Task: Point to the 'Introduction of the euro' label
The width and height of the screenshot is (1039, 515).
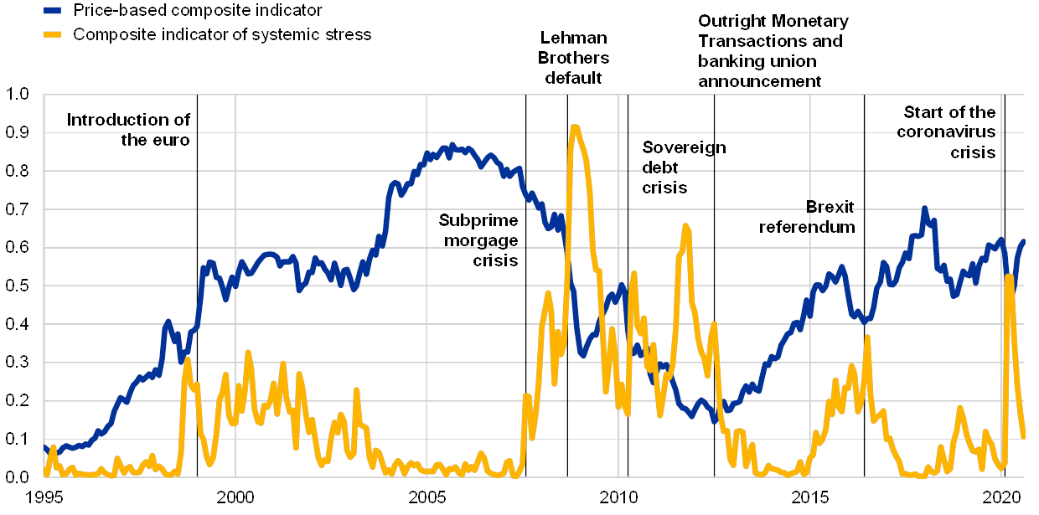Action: [x=134, y=130]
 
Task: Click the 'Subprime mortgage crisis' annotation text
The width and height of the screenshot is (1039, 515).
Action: [x=479, y=240]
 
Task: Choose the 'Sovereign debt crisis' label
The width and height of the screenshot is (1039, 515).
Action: [x=684, y=167]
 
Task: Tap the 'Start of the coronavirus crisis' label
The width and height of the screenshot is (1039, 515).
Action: [x=948, y=132]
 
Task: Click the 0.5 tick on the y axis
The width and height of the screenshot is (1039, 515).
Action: [x=17, y=286]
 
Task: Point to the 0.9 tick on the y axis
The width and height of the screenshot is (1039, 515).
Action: [x=17, y=132]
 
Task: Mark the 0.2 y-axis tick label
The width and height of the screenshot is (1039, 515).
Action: [x=17, y=400]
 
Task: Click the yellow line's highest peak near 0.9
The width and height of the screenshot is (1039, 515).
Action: [x=575, y=127]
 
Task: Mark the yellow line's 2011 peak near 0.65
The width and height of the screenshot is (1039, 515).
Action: [x=686, y=226]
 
